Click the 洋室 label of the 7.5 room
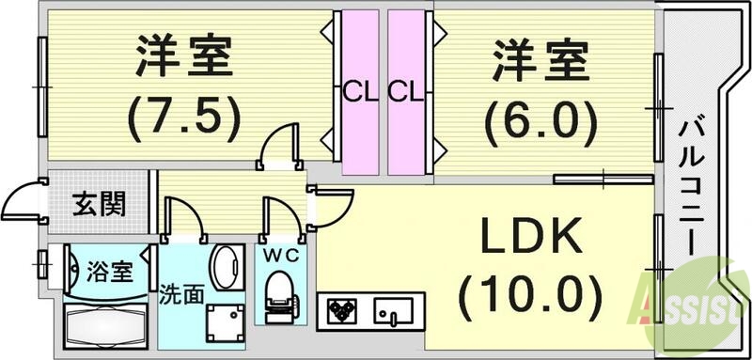[184, 58]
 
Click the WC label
[279, 255]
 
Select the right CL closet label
[406, 92]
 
